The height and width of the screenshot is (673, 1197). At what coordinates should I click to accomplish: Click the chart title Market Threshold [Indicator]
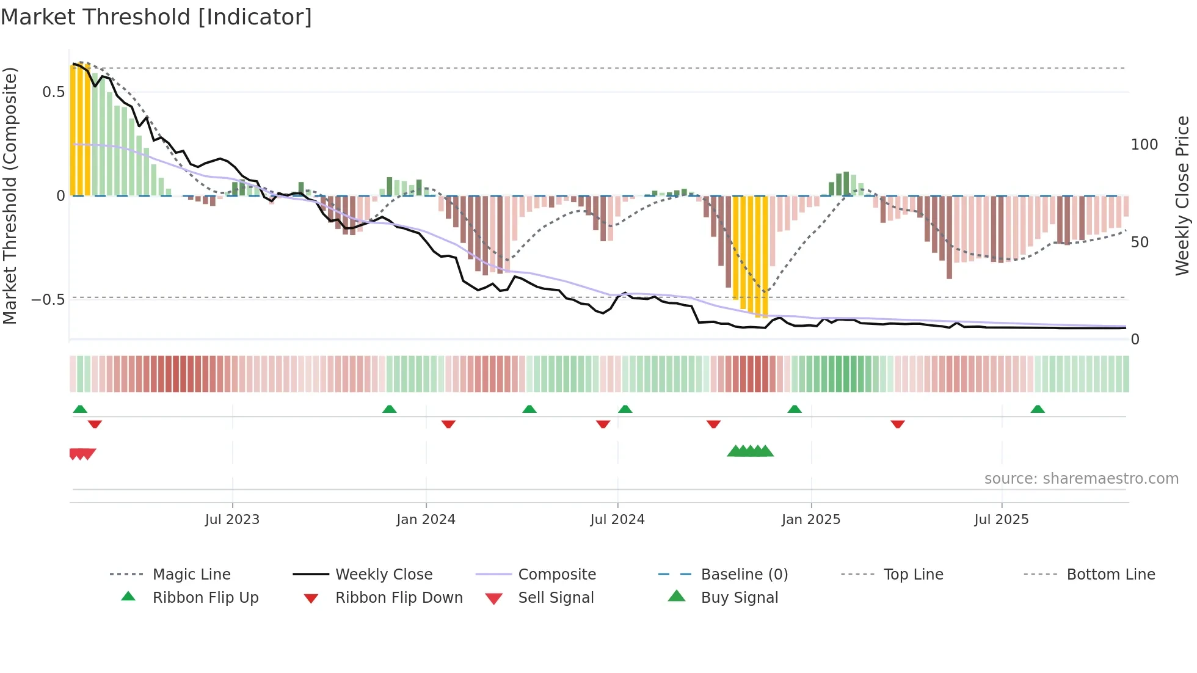(x=156, y=17)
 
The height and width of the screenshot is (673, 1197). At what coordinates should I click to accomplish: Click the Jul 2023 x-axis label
(x=232, y=519)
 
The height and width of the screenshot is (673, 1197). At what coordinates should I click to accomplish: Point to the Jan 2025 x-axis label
(x=811, y=519)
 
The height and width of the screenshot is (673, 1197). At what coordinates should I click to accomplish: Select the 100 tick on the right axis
(x=1144, y=145)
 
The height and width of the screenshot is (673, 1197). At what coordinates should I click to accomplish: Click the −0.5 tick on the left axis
(x=48, y=300)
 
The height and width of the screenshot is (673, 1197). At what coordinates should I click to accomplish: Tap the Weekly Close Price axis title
(x=1182, y=195)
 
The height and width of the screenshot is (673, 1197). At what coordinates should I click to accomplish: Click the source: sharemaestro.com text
(x=1081, y=478)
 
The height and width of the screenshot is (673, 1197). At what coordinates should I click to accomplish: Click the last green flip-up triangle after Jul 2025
(x=1038, y=409)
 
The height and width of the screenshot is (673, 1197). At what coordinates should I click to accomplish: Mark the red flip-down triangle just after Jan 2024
(x=448, y=424)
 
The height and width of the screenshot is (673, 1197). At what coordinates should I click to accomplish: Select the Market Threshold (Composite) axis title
(x=10, y=195)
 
